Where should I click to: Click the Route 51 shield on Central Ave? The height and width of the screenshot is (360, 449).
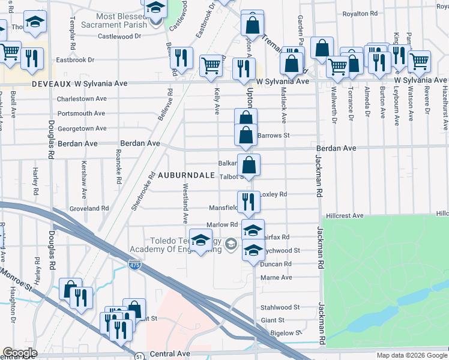coord(139,355)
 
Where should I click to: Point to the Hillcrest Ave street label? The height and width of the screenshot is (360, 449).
coord(345,215)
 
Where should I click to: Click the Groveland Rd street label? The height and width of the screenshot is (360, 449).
coord(88,208)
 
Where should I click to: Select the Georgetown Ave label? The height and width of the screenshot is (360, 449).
coord(82,128)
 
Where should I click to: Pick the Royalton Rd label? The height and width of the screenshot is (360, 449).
coord(363,13)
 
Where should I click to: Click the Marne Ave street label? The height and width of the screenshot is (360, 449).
coord(276,278)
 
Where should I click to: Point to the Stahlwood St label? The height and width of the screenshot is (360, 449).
coord(280,307)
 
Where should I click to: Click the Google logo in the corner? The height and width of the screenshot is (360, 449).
coord(20,353)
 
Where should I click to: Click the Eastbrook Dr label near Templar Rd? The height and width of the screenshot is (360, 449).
coord(75,60)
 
